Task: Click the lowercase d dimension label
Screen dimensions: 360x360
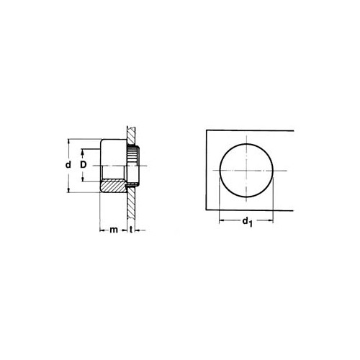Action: click(x=68, y=165)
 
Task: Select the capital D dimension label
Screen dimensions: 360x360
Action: click(x=83, y=165)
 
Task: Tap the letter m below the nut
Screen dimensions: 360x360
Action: click(x=114, y=230)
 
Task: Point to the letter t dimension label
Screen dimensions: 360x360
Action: click(x=131, y=230)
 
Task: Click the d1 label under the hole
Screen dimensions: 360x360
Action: click(x=247, y=222)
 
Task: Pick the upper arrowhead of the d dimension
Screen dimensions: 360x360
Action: click(x=69, y=141)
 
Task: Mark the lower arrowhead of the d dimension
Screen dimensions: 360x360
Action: click(x=69, y=190)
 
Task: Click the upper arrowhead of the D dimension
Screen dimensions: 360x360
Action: click(x=83, y=151)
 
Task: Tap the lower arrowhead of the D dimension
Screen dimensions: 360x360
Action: click(x=83, y=179)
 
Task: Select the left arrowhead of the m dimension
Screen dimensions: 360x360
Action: click(x=102, y=230)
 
